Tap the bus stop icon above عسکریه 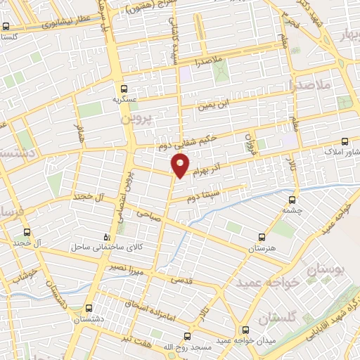click(x=124, y=89)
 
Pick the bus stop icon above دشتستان click(x=88, y=308)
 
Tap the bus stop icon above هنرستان click(x=262, y=238)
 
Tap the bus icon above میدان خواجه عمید click(x=244, y=329)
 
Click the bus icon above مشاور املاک click(x=345, y=141)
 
